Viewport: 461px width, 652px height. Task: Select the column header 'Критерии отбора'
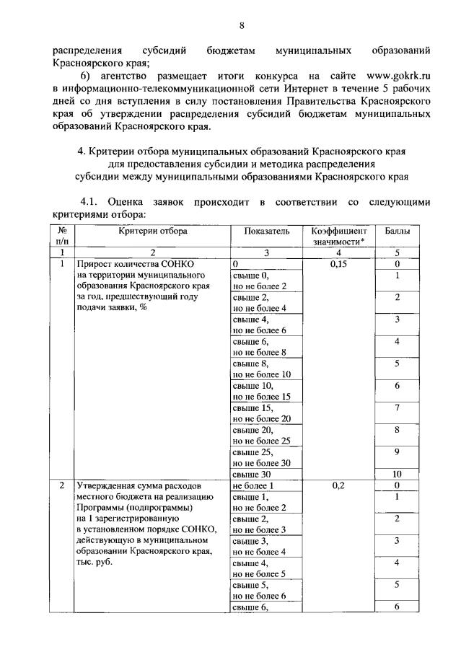click(153, 231)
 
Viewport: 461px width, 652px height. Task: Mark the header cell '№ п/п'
click(61, 236)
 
